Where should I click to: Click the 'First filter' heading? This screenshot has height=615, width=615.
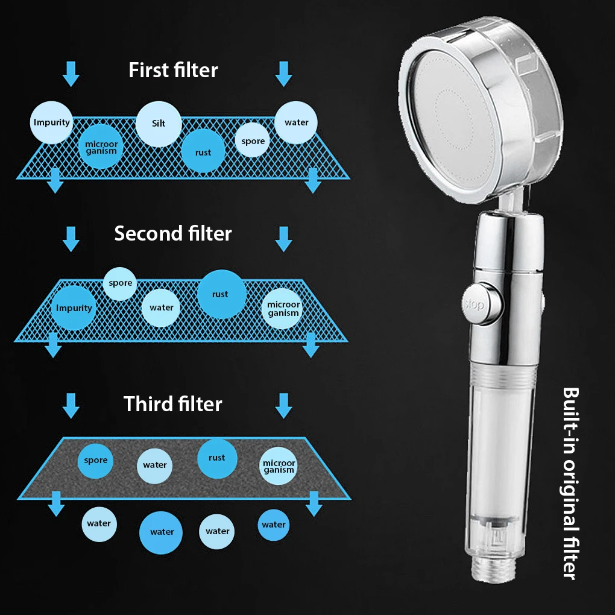(173, 70)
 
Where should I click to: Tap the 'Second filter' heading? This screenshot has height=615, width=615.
(173, 233)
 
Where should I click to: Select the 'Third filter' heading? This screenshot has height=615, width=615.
(173, 403)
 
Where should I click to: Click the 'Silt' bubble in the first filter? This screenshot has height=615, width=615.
(159, 124)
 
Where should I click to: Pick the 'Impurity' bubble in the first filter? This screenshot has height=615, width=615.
(52, 122)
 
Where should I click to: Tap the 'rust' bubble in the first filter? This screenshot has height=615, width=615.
(203, 151)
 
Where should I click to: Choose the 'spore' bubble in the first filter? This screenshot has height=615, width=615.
(253, 140)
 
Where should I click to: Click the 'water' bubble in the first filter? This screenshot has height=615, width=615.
(296, 122)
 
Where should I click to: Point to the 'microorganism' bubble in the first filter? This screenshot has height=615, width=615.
(101, 147)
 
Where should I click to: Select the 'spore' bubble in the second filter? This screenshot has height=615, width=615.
(120, 283)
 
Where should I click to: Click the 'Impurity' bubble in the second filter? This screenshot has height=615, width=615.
(74, 307)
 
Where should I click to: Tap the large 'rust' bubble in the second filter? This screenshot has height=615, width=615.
(221, 294)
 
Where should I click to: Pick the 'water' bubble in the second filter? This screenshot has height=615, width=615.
(162, 307)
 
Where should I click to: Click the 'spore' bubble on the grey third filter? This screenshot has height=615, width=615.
(96, 460)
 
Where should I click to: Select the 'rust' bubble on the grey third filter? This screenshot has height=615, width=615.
(217, 458)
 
